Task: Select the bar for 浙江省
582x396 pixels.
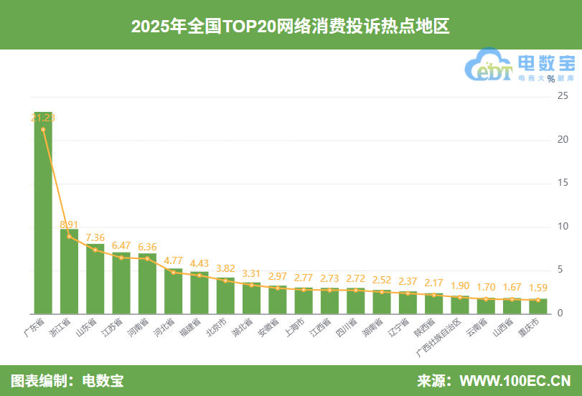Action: [x=69, y=272]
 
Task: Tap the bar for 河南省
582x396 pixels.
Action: [x=147, y=283]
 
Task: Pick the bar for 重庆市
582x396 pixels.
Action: [x=538, y=306]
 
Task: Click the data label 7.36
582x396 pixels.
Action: [x=95, y=237]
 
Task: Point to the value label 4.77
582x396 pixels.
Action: [x=174, y=260]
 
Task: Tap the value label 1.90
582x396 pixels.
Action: [x=460, y=286]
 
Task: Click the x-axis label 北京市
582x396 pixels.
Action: [x=216, y=327]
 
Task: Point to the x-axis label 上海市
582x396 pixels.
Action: [x=294, y=327]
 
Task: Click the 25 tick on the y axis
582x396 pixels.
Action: [x=563, y=96]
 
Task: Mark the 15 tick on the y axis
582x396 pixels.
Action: [x=563, y=184]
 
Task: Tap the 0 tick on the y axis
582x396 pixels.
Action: [x=560, y=314]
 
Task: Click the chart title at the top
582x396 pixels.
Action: [x=291, y=27]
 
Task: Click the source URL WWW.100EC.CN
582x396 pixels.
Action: [x=515, y=380]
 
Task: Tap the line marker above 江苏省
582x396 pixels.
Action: [x=121, y=258]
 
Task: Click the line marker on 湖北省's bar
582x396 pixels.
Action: [x=252, y=285]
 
